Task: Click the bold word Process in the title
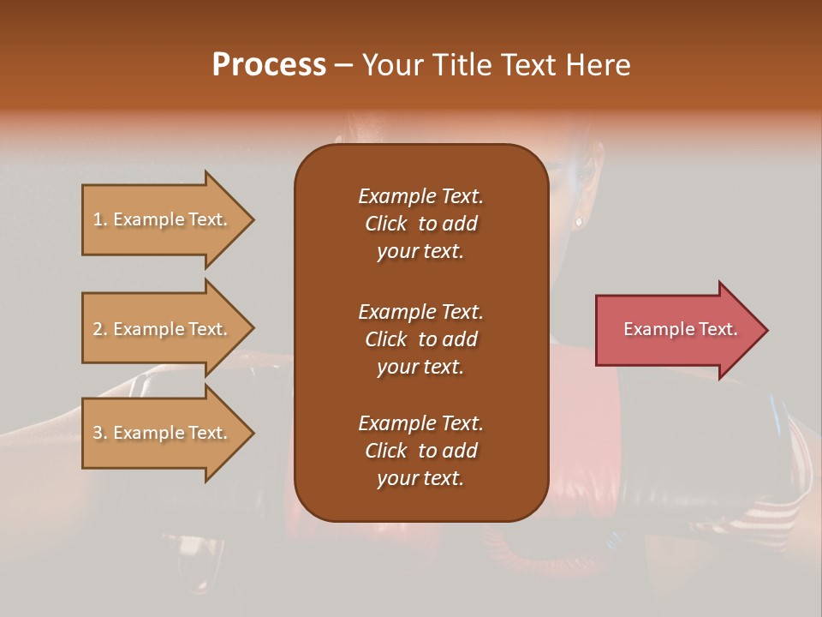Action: pos(269,65)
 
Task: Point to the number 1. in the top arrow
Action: pos(100,219)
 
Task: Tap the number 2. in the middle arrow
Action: pos(100,329)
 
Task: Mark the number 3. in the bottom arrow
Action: pos(100,433)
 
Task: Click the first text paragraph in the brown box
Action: pos(420,224)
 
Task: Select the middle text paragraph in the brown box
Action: pos(420,338)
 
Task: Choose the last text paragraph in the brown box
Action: pos(420,451)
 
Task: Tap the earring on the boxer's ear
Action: pos(579,221)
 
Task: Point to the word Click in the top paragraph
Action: pos(386,224)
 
